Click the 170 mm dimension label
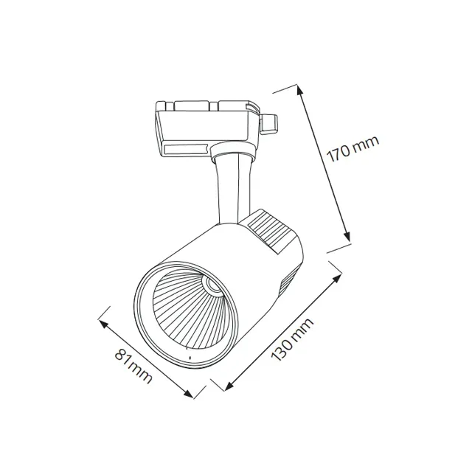pos(353,149)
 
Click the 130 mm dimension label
pos(292,339)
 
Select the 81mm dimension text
pos(133,366)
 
